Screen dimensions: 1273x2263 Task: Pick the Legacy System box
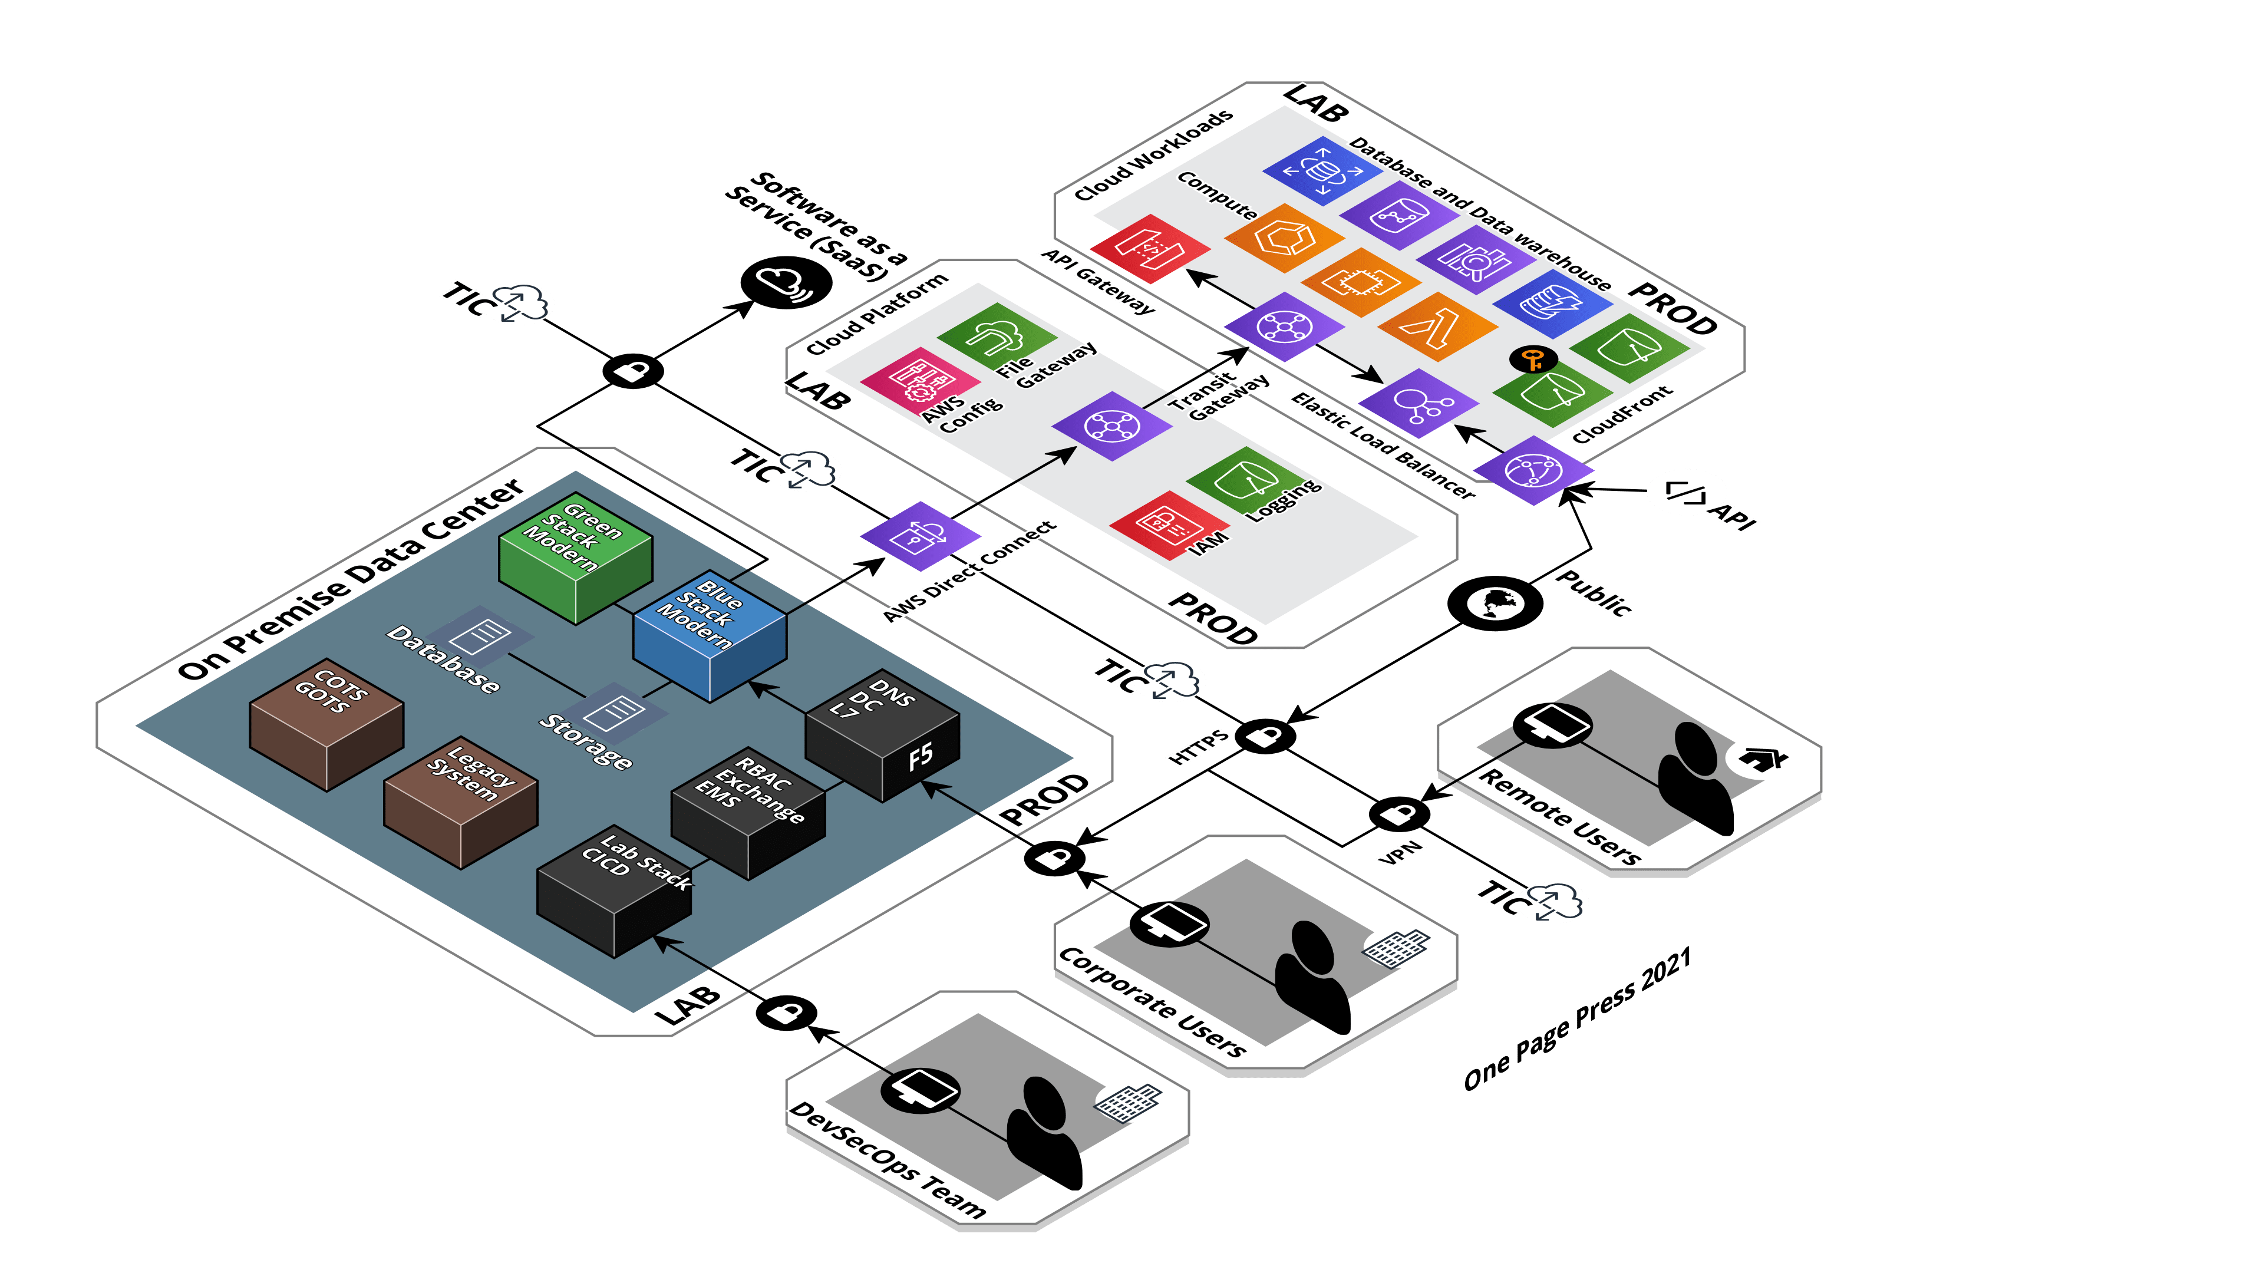pos(460,802)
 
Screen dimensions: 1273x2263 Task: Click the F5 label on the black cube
pos(920,756)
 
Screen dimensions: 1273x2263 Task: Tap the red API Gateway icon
pos(1150,248)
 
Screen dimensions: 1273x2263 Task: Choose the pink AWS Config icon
pos(920,380)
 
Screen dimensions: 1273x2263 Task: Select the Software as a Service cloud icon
pos(786,282)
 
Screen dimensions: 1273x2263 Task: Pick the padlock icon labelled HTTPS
pos(1265,736)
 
